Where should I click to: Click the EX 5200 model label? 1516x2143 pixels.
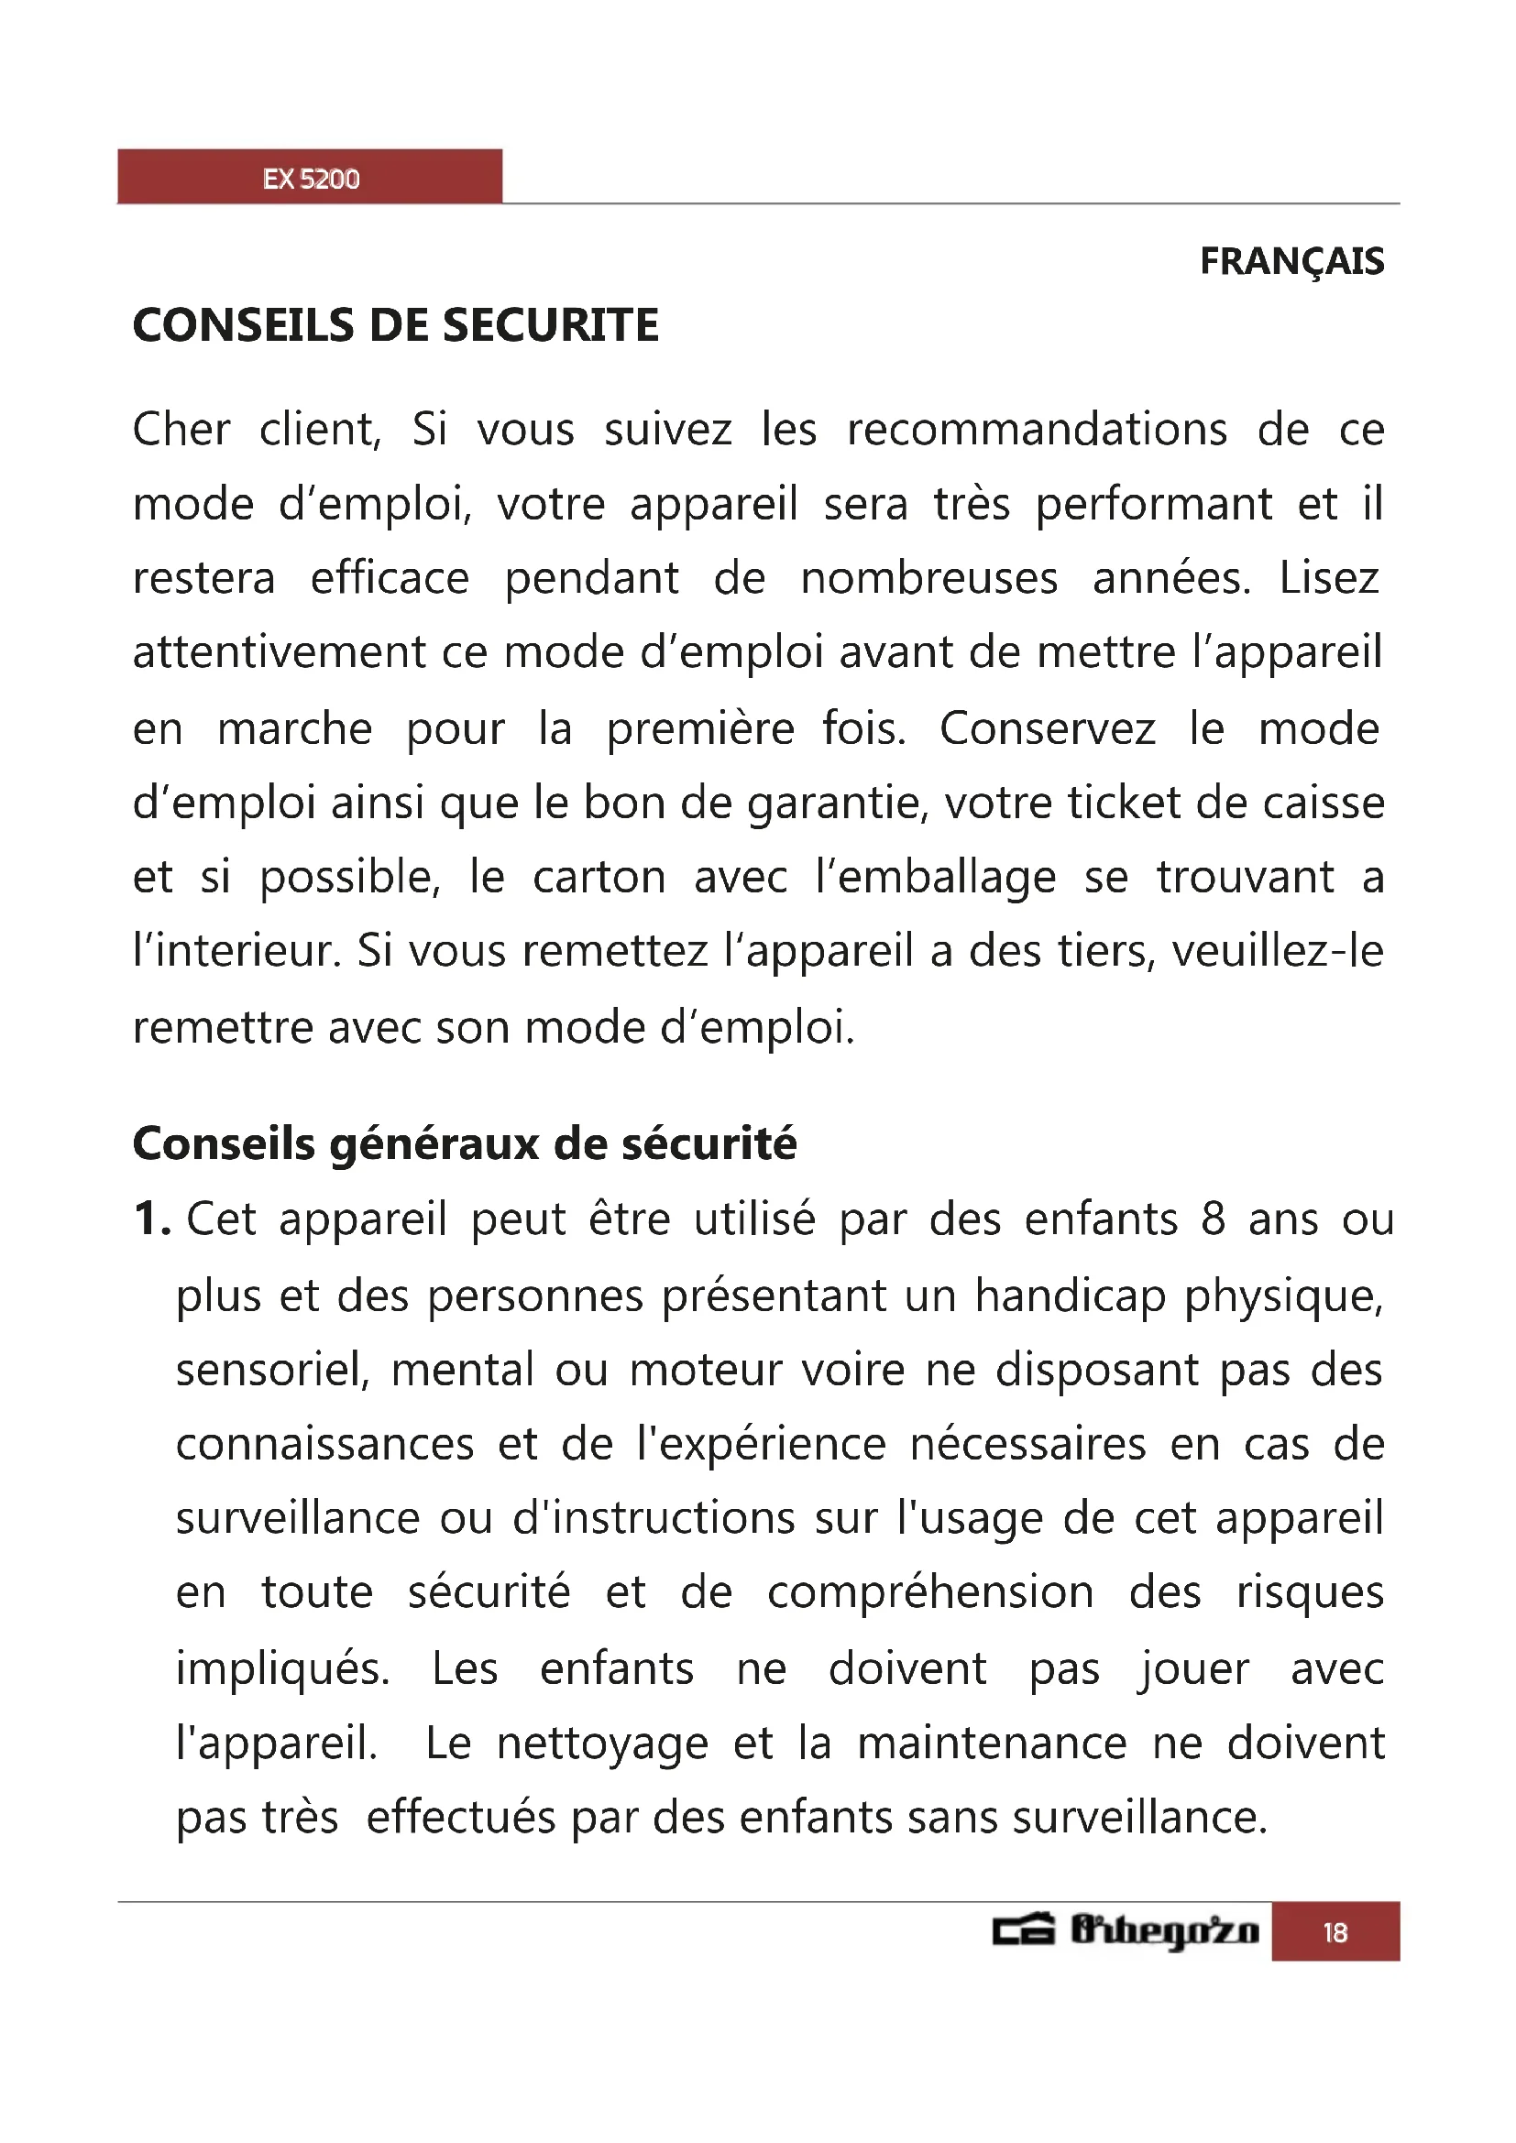click(x=311, y=179)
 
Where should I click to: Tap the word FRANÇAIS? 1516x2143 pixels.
click(x=1291, y=262)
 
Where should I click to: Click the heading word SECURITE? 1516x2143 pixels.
click(x=550, y=326)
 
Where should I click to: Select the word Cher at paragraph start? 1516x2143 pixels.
click(x=181, y=431)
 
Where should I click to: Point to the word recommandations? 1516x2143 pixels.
click(x=1037, y=431)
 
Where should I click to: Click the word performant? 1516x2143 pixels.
click(x=1154, y=506)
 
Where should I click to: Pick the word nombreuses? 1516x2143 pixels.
click(x=928, y=579)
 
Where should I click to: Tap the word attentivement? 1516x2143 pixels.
click(x=279, y=652)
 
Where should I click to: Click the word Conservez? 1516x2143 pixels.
click(x=1047, y=729)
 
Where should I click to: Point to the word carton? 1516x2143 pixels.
click(x=599, y=879)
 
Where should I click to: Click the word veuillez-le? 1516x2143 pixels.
click(x=1277, y=952)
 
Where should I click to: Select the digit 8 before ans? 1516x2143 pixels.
click(x=1213, y=1219)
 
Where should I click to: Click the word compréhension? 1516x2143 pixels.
click(x=929, y=1592)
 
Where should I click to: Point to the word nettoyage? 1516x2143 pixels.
click(x=602, y=1744)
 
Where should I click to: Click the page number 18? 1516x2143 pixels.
click(x=1335, y=1932)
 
